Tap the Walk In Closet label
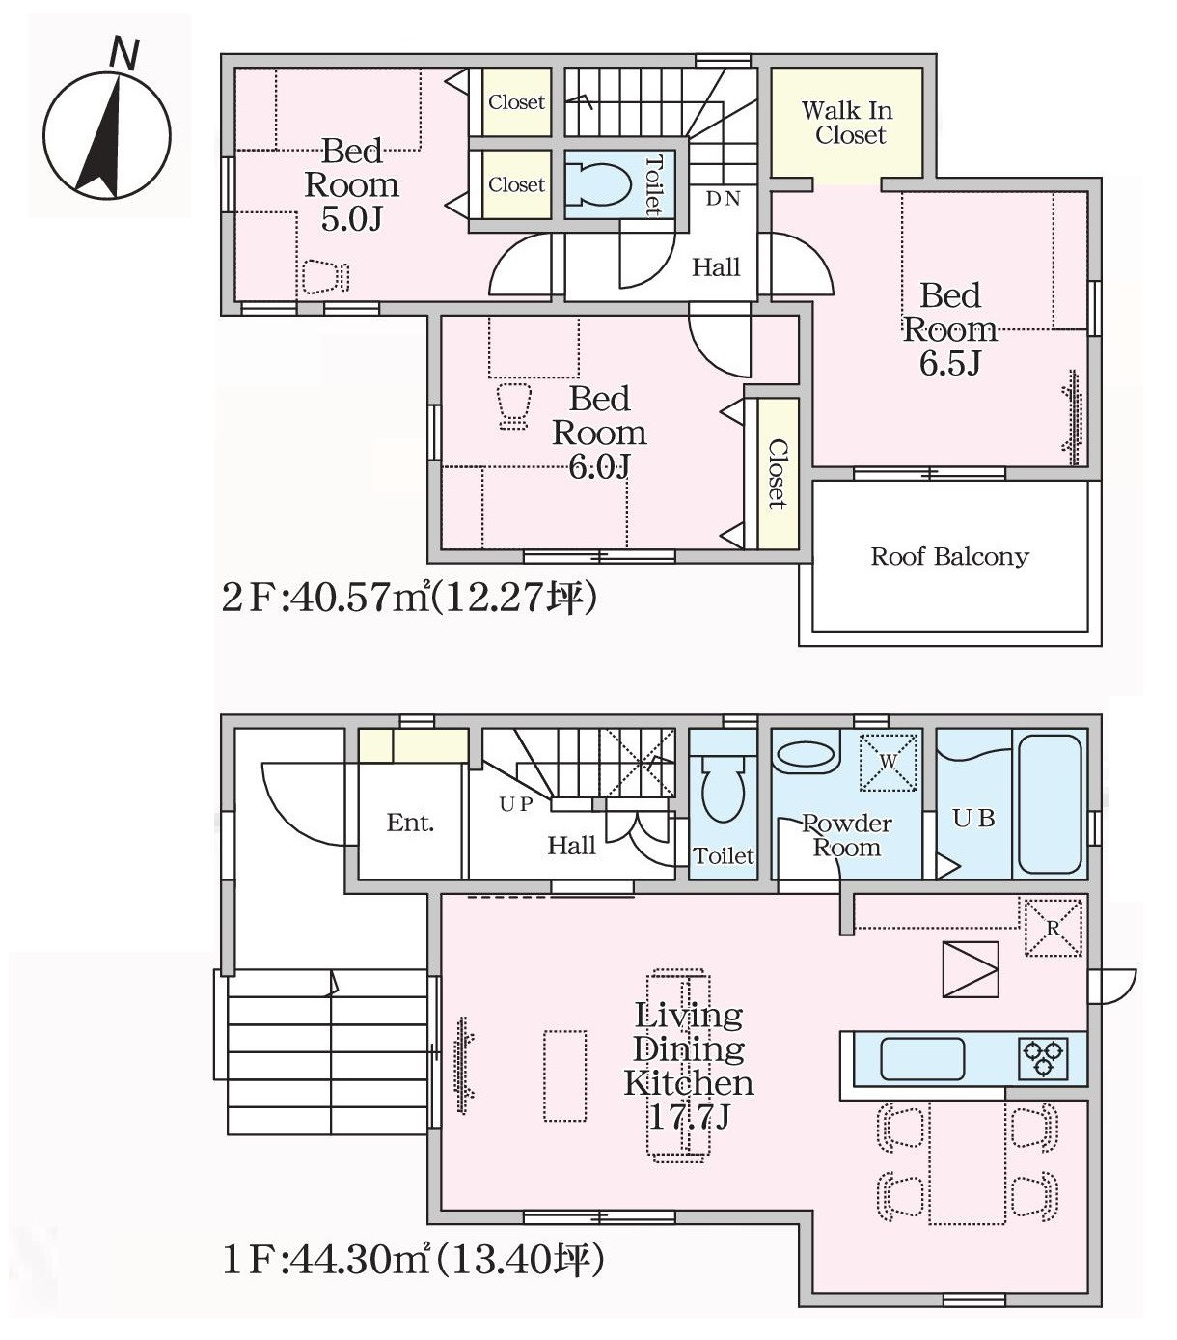pos(848,123)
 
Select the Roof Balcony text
pos(949,556)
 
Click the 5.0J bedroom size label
pos(351,219)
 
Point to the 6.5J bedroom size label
pos(949,363)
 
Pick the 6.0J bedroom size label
pos(599,467)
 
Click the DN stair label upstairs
pos(723,198)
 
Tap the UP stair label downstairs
pos(515,803)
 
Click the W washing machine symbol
pos(889,762)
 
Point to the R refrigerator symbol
pos(1053,928)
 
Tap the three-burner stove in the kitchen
pos(1043,1058)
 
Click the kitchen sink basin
pos(922,1058)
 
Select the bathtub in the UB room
pos(1050,804)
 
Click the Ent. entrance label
pos(410,823)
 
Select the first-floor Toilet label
pos(723,856)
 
